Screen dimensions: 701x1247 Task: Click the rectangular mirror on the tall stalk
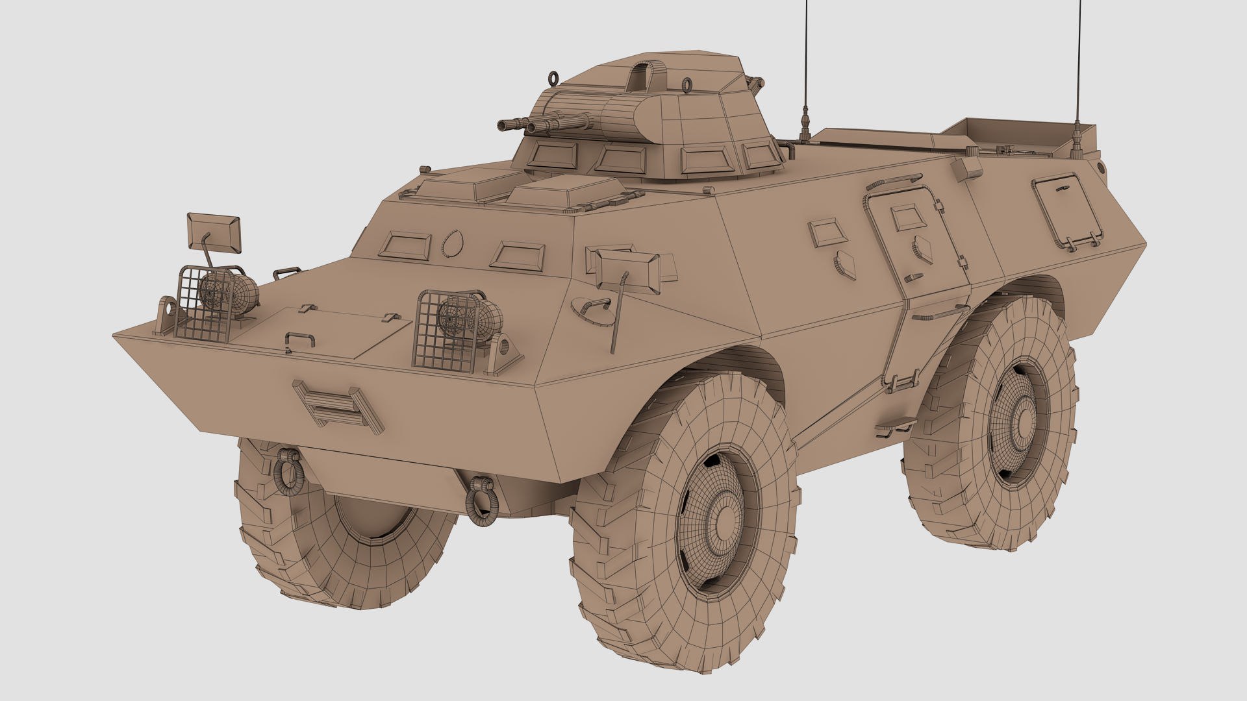coord(214,230)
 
